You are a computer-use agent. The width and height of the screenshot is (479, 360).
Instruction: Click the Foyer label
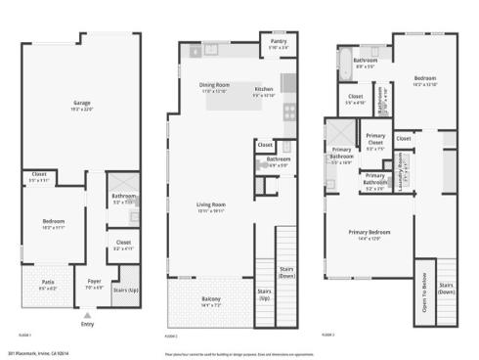click(95, 287)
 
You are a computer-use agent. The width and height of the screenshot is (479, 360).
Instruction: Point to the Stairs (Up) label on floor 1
click(126, 291)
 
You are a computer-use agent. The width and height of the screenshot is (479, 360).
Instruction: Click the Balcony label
click(211, 300)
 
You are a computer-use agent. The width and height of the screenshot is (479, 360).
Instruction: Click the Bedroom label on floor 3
click(424, 80)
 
